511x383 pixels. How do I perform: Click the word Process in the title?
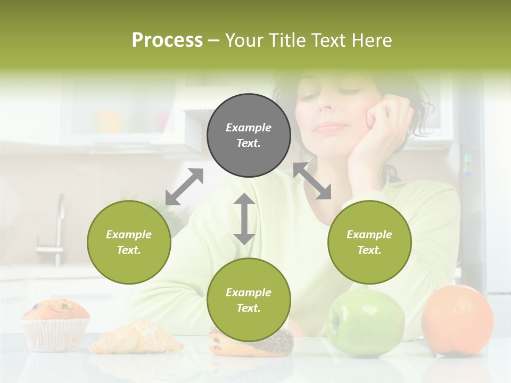point(167,40)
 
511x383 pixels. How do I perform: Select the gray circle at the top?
point(249,136)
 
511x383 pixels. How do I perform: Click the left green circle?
point(129,243)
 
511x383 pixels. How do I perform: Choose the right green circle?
point(369,243)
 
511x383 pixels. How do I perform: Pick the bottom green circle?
point(249,300)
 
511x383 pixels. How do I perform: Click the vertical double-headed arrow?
point(244,219)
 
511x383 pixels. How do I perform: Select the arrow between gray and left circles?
point(184,187)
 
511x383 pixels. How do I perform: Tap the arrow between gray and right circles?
point(312,181)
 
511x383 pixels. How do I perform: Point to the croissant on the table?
point(136,338)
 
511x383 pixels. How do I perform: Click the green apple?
point(365,322)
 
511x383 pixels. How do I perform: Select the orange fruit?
point(457,320)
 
